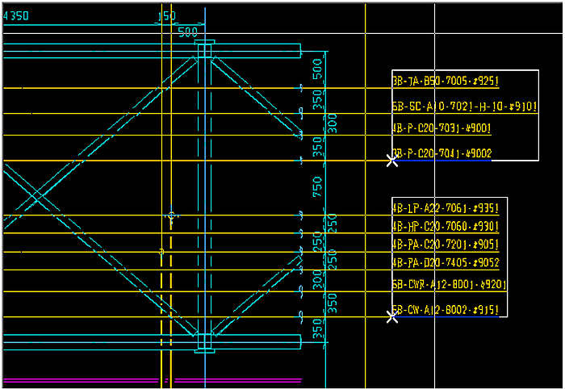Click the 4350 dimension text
[x=15, y=16]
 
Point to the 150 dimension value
[x=165, y=16]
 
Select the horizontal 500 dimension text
[x=187, y=33]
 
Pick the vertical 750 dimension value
[x=318, y=187]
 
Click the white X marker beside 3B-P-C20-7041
[x=392, y=160]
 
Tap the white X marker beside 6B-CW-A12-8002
[x=392, y=316]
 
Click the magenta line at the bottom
[x=234, y=379]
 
